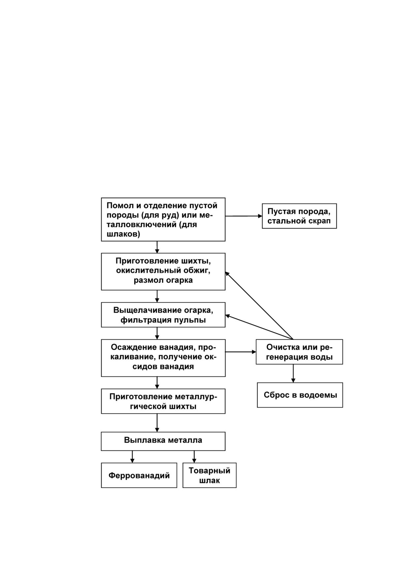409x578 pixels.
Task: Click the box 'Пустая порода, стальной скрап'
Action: click(x=299, y=216)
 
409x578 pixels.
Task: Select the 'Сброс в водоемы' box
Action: click(x=300, y=395)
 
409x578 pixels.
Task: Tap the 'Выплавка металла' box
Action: click(x=163, y=441)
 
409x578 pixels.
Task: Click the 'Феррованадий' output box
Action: click(x=139, y=475)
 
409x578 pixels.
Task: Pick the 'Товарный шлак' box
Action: click(x=209, y=475)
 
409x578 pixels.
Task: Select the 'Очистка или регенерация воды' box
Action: click(x=299, y=352)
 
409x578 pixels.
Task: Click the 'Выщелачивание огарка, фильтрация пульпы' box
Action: click(x=163, y=315)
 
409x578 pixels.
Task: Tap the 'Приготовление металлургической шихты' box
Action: click(x=163, y=401)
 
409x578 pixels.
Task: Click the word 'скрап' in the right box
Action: click(x=320, y=221)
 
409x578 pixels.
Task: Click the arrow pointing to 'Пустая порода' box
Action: click(x=244, y=216)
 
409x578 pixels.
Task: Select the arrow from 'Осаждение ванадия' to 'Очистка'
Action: click(x=240, y=352)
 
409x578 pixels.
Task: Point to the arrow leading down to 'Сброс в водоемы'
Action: click(x=293, y=373)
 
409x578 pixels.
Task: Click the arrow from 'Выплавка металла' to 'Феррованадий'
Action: click(x=132, y=457)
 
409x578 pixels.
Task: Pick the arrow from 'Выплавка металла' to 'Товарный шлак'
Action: click(x=194, y=457)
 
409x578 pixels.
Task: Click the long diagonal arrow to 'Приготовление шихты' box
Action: click(x=259, y=305)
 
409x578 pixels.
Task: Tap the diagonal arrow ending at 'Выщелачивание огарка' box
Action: click(x=259, y=327)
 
